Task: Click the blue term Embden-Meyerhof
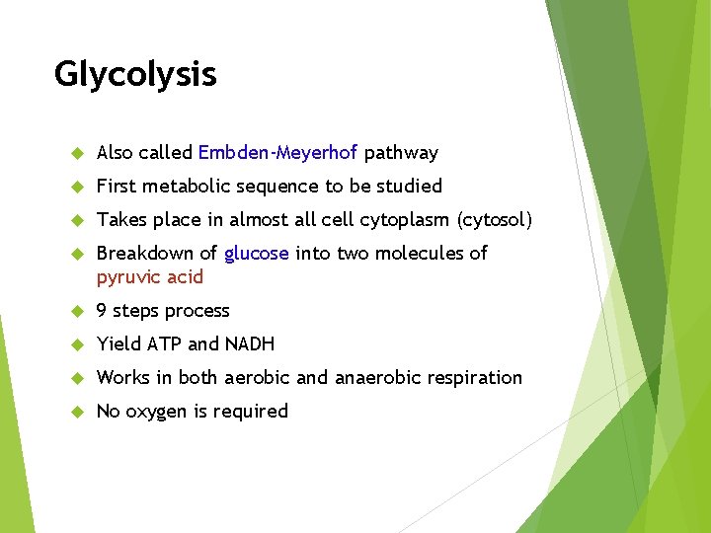[278, 153]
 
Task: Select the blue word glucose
[257, 254]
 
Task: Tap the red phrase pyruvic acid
[149, 277]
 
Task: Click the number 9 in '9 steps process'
[102, 311]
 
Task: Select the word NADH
[250, 344]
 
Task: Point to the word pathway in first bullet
[401, 153]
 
